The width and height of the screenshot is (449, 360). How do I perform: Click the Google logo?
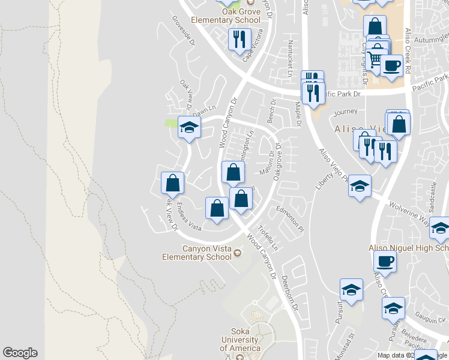click(x=20, y=353)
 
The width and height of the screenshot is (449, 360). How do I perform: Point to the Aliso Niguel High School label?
click(x=408, y=248)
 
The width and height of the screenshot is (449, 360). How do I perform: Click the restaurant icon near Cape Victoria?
click(x=240, y=40)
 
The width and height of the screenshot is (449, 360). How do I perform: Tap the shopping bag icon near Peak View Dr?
click(x=173, y=182)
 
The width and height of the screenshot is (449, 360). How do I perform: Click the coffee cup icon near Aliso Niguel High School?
click(x=385, y=262)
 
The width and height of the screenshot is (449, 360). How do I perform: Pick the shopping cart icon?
click(x=375, y=58)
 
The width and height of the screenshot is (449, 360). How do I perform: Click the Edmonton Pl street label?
click(x=291, y=218)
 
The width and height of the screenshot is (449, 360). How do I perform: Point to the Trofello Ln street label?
click(x=268, y=238)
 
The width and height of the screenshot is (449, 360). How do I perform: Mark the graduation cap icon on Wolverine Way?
click(x=360, y=185)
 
